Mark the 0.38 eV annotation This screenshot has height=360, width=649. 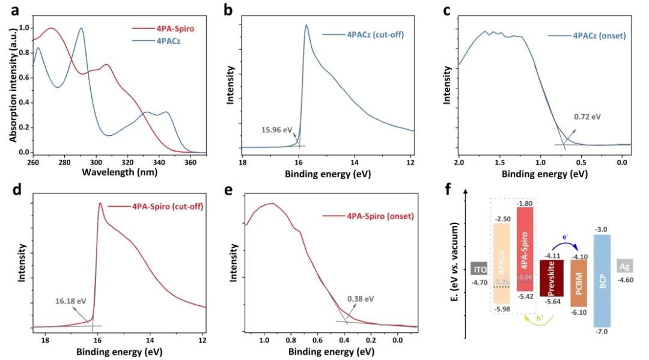pyautogui.click(x=361, y=299)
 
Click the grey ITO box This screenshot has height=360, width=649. pyautogui.click(x=478, y=269)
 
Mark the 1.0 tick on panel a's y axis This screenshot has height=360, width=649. pyautogui.click(x=24, y=28)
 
